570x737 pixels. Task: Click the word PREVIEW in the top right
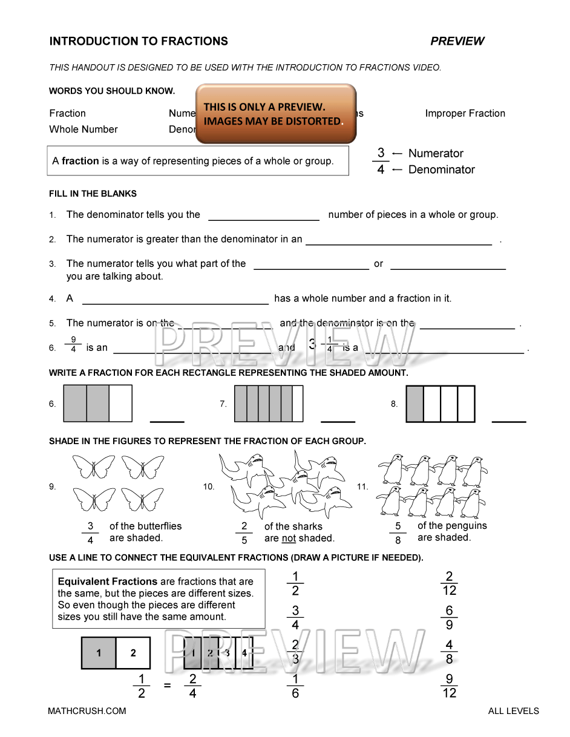tap(457, 41)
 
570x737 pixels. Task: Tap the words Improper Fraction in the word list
tap(465, 113)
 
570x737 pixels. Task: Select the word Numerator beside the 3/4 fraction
tap(436, 154)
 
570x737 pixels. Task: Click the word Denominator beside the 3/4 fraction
tap(441, 170)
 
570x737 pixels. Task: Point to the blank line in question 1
tap(263, 219)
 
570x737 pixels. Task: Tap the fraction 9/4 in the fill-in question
tap(73, 344)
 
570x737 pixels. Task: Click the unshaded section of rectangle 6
tap(120, 404)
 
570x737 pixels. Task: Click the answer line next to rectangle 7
tap(338, 421)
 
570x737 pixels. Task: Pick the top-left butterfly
tap(94, 467)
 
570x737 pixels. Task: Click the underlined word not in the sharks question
tap(289, 539)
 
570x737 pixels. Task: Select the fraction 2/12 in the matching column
tap(449, 583)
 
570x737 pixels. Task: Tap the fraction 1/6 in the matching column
tap(295, 686)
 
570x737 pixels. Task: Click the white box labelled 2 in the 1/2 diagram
tap(133, 653)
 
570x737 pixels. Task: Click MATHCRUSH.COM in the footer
tap(87, 711)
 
